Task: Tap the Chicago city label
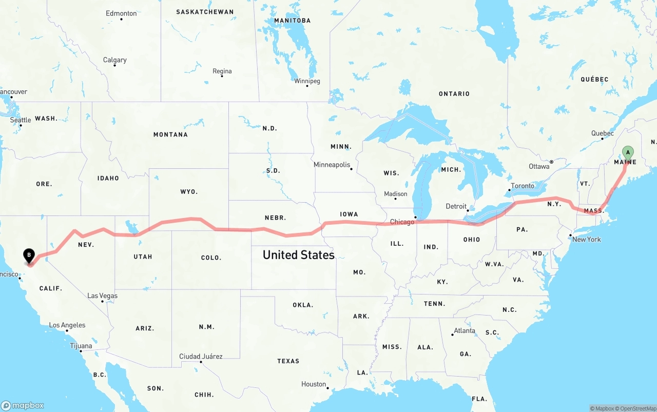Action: [402, 222]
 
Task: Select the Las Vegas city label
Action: [102, 296]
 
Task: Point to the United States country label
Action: [298, 254]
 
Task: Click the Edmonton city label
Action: [121, 13]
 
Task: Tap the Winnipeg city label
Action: [307, 81]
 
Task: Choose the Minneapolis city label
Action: [332, 165]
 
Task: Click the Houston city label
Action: [314, 384]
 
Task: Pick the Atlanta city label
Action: [465, 330]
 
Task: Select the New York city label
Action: [586, 239]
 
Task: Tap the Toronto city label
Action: [523, 186]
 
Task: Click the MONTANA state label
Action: [170, 134]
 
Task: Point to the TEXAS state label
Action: [288, 361]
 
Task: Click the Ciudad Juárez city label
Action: [201, 356]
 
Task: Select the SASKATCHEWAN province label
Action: [204, 12]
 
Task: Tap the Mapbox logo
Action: [23, 405]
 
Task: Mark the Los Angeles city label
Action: [67, 325]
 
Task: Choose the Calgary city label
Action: [114, 60]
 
